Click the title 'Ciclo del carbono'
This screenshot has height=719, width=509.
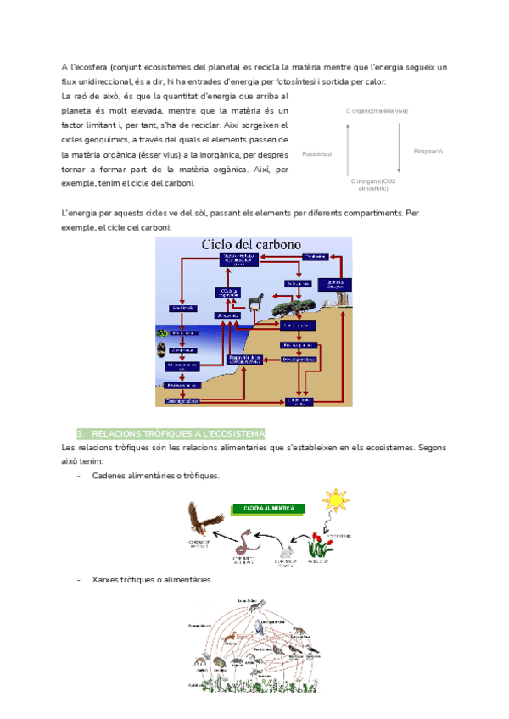click(250, 244)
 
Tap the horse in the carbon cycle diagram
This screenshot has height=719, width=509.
click(255, 300)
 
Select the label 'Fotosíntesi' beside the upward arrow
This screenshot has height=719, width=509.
click(316, 154)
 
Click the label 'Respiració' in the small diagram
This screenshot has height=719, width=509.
click(428, 151)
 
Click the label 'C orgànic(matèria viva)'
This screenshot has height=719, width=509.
click(378, 111)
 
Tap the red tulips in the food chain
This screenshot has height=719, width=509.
click(319, 543)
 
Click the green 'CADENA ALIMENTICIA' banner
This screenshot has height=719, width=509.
click(269, 509)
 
